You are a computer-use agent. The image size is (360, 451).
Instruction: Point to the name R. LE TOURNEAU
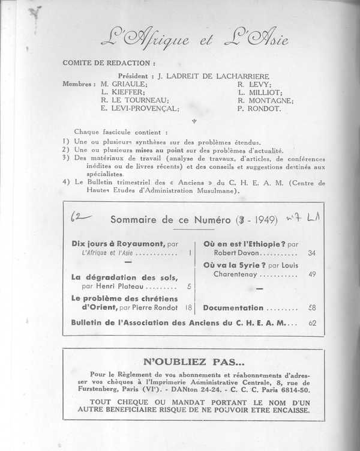coord(136,101)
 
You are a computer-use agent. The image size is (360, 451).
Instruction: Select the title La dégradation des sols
coord(124,277)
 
